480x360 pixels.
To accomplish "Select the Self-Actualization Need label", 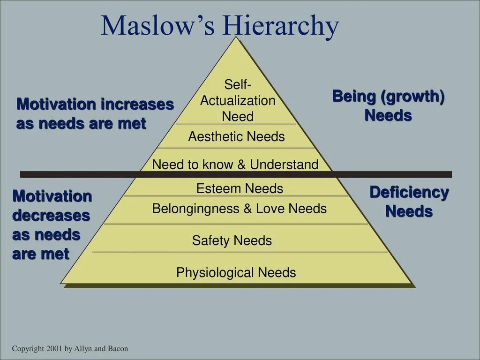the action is [238, 100].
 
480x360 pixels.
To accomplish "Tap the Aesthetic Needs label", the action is [236, 137].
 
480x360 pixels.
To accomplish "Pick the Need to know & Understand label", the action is [235, 165].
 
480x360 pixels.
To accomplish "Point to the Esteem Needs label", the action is [240, 188].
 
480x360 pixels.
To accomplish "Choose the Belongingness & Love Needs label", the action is [239, 209].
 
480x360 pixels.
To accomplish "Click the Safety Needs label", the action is [232, 241].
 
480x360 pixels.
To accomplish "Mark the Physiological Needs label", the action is [236, 272].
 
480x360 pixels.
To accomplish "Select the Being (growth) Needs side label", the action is [388, 105].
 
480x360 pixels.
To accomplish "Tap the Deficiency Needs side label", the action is [409, 202].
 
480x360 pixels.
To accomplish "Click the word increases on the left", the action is [137, 104].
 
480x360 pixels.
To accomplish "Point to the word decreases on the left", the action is [51, 216].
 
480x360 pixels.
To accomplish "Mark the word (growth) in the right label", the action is [413, 97].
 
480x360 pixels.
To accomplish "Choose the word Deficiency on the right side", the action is [409, 192].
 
